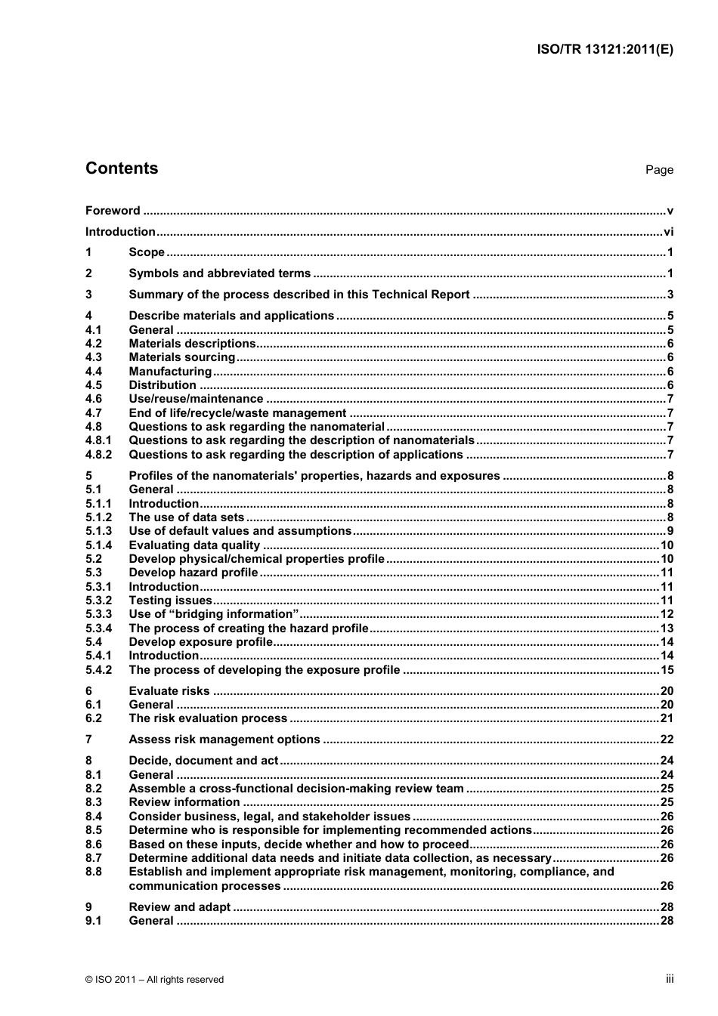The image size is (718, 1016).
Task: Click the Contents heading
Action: point(122,168)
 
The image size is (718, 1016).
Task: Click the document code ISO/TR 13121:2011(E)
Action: point(605,50)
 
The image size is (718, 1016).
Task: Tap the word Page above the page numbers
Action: point(659,170)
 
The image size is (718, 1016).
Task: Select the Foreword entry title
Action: point(113,211)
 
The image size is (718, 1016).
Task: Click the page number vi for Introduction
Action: point(668,232)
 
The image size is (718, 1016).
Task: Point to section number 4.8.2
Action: point(98,455)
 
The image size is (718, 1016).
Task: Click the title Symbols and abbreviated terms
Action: point(219,273)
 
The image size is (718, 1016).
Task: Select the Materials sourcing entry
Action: point(181,357)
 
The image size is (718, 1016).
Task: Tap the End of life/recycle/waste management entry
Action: point(237,413)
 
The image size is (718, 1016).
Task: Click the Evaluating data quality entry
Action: point(194,545)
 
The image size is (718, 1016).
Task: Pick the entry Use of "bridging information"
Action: point(213,614)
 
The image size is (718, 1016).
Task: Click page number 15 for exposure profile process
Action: point(667,670)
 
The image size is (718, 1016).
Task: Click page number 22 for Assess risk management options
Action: point(667,740)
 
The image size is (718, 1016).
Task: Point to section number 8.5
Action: point(94,830)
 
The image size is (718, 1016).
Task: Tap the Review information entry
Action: point(184,802)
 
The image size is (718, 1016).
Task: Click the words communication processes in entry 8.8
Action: point(204,886)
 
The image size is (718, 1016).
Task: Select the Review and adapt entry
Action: point(179,907)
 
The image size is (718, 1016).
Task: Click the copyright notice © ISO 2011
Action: point(154,980)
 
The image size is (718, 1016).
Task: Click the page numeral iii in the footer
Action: point(670,979)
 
